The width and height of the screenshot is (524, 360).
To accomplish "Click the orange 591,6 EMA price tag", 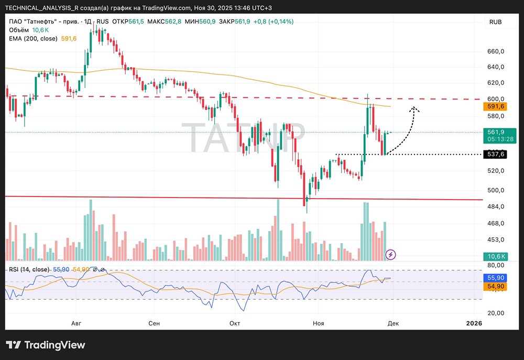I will pyautogui.click(x=495, y=106).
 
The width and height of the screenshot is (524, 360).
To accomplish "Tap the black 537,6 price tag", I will pyautogui.click(x=495, y=154).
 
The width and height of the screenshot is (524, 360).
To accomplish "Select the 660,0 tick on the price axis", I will pyautogui.click(x=495, y=52).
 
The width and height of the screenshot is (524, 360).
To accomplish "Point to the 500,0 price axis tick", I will pyautogui.click(x=495, y=190).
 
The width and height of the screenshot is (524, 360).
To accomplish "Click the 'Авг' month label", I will pyautogui.click(x=77, y=323).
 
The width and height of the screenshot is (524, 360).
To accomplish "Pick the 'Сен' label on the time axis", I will pyautogui.click(x=154, y=323).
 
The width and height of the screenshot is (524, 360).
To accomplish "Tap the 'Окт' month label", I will pyautogui.click(x=235, y=323).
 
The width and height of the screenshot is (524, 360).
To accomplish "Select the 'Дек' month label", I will pyautogui.click(x=393, y=323).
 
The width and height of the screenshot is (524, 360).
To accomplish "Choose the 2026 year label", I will pyautogui.click(x=474, y=323).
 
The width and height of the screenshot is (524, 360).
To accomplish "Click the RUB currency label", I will pyautogui.click(x=495, y=21).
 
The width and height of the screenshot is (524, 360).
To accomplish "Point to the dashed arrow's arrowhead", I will pyautogui.click(x=413, y=108).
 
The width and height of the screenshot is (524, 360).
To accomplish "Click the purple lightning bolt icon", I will pyautogui.click(x=390, y=255).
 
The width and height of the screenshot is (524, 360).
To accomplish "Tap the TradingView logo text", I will pyautogui.click(x=46, y=345).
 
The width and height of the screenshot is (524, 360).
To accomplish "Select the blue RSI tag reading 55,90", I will pyautogui.click(x=495, y=278).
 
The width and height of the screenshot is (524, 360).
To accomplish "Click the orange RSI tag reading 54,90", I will pyautogui.click(x=495, y=287).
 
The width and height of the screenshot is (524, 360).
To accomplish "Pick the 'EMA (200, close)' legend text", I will pyautogui.click(x=34, y=38).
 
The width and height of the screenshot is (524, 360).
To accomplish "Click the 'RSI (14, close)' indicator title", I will pyautogui.click(x=29, y=269).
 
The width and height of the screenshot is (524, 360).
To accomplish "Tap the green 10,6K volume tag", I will pyautogui.click(x=495, y=256).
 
